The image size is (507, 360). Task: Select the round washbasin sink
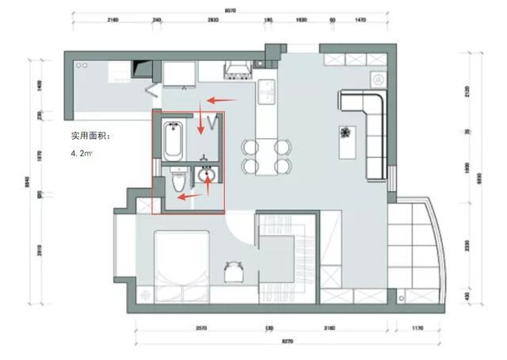208,174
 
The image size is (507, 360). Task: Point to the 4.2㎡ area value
82,153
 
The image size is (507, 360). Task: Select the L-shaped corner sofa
366,127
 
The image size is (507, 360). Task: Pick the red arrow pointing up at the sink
208,182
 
